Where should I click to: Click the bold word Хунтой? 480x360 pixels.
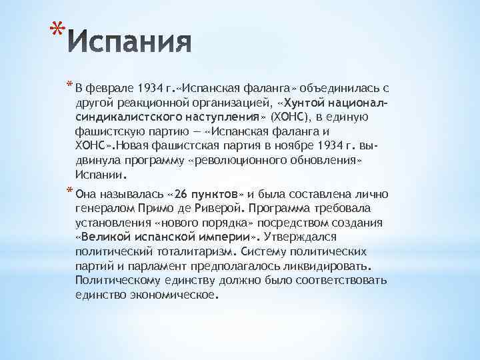pos(290,102)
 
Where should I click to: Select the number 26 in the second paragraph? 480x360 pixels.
pos(180,194)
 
